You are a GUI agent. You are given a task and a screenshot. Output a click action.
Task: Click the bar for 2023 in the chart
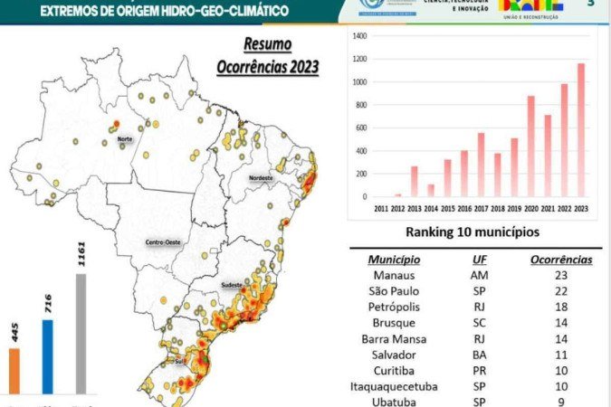(x=581, y=130)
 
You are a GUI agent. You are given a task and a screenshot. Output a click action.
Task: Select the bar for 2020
(x=530, y=147)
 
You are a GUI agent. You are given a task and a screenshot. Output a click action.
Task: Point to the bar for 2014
(x=430, y=190)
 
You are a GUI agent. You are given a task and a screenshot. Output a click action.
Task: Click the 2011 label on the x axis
(x=380, y=207)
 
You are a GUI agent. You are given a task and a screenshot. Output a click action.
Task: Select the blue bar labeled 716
(x=48, y=356)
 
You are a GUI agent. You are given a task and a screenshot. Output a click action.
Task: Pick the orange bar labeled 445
(x=14, y=371)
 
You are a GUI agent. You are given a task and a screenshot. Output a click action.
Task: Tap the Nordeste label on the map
(x=261, y=177)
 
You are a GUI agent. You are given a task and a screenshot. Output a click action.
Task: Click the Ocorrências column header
(x=561, y=259)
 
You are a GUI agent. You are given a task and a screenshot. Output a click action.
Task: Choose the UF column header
(x=480, y=259)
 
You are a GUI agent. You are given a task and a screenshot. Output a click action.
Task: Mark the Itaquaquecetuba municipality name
(x=394, y=386)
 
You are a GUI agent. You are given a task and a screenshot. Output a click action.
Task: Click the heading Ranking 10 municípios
(x=471, y=232)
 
